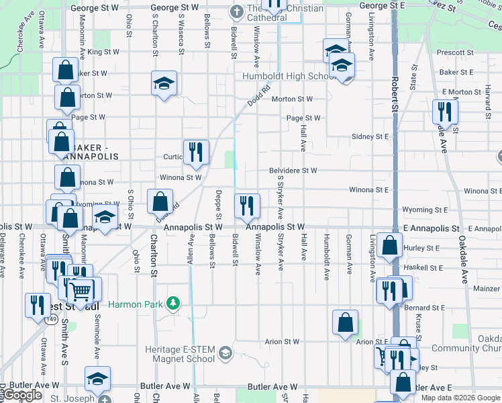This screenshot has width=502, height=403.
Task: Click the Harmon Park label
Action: pos(136,304)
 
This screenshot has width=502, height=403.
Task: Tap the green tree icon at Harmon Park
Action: pos(172,304)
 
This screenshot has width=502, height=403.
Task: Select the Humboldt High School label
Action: pos(289,76)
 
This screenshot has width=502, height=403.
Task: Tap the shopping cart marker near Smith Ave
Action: pos(81,291)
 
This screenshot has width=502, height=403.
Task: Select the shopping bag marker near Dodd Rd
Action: pos(160,201)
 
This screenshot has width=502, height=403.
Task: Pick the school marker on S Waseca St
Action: pos(164,83)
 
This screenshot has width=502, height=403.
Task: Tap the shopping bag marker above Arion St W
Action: pos(345,322)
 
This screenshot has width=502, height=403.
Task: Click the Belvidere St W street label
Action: pos(293,171)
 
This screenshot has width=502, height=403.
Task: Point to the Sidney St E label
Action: pos(370,136)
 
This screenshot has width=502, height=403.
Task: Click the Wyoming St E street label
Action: pos(425,210)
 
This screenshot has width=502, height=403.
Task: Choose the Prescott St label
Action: pos(454,52)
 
